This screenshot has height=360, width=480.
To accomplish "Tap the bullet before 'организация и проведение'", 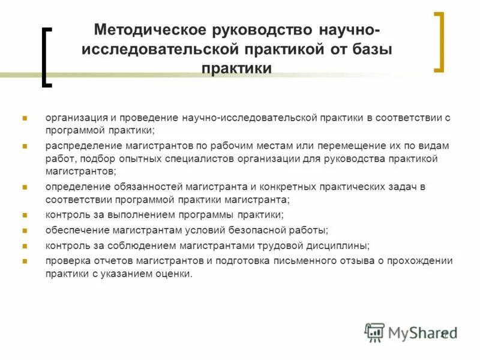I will point(25,118).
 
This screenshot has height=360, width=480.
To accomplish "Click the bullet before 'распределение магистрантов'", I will point(25,146).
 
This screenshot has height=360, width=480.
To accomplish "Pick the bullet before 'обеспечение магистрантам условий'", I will point(25,230).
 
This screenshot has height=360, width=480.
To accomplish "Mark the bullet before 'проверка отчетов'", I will point(25,260).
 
